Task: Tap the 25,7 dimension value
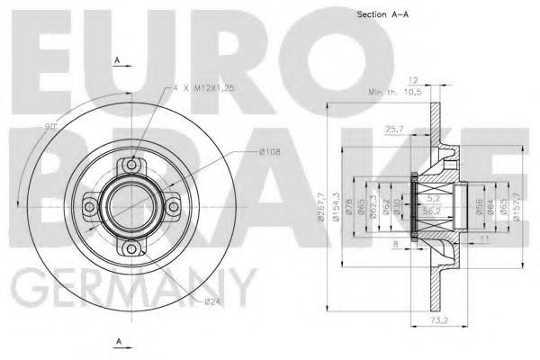point(392,130)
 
